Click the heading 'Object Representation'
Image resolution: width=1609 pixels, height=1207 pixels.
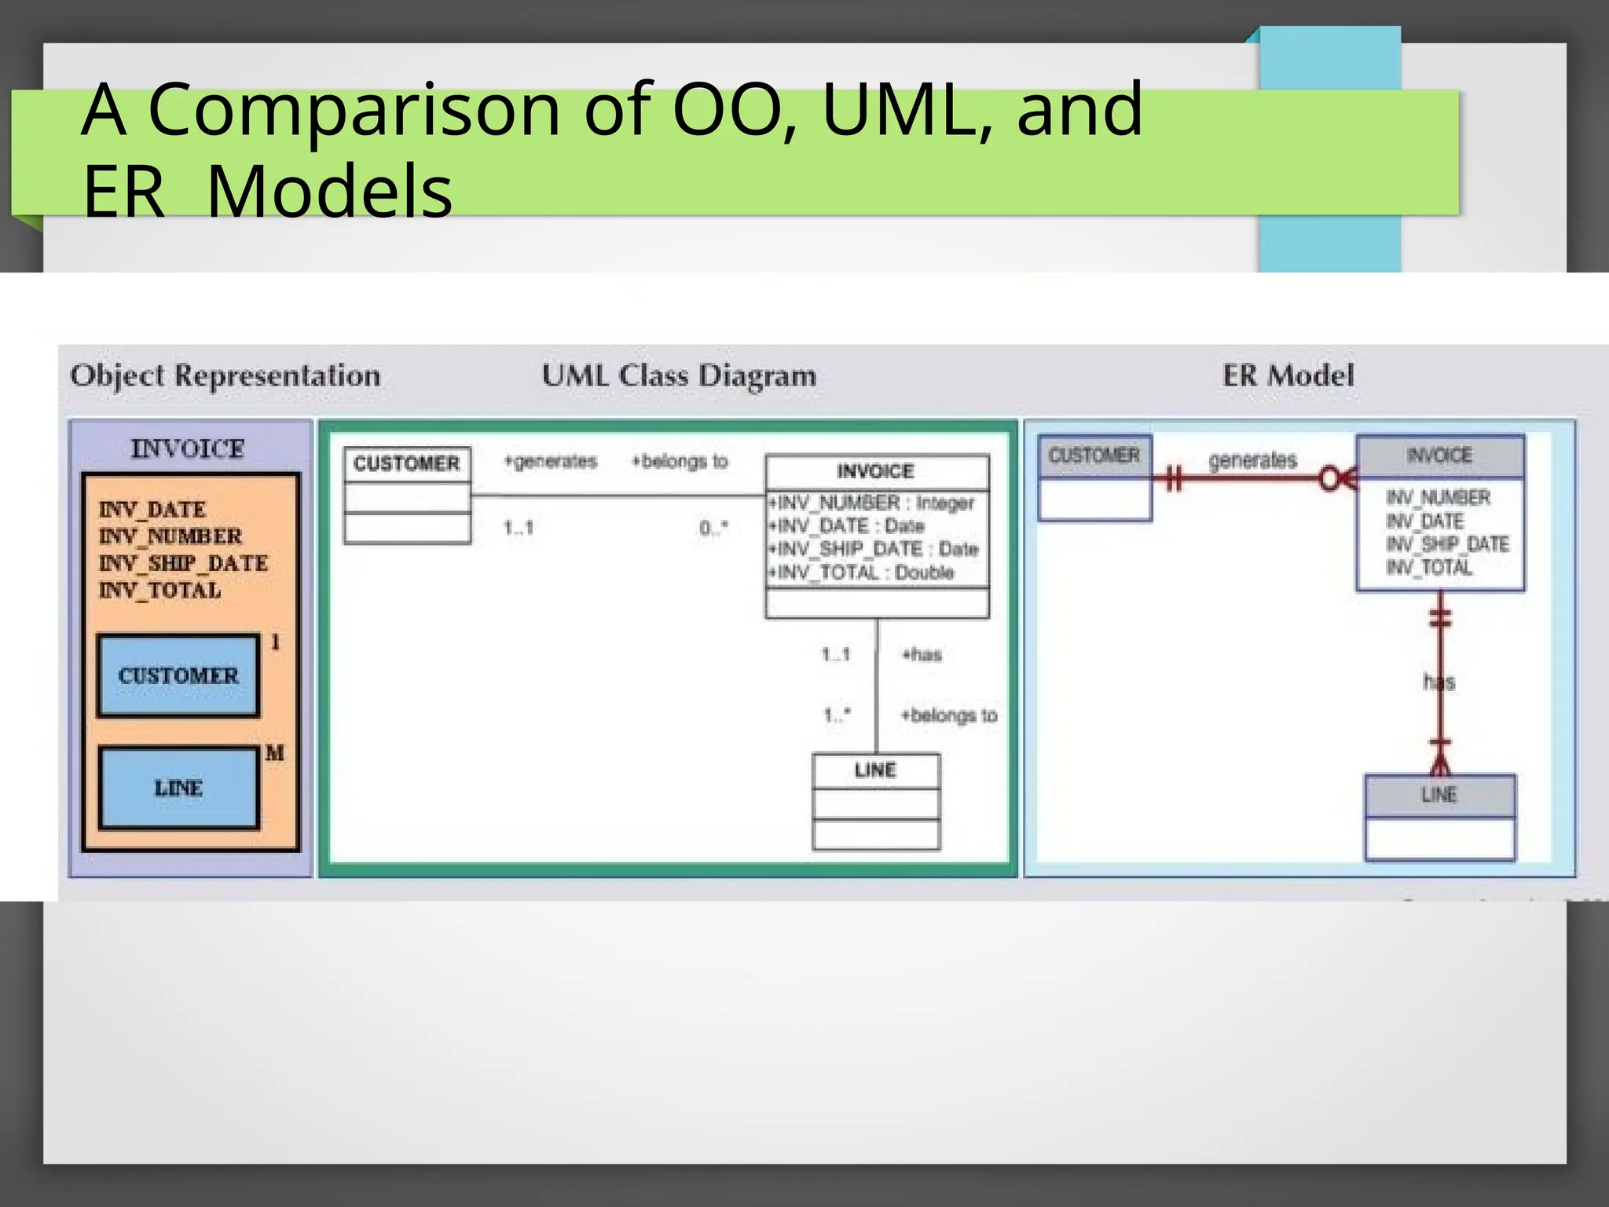point(225,375)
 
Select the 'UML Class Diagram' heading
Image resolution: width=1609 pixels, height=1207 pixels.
point(679,375)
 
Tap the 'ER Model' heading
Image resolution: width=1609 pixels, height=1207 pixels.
point(1288,375)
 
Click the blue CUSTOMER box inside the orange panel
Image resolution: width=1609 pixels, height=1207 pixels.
point(178,675)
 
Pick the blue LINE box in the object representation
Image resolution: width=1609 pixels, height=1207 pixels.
point(178,788)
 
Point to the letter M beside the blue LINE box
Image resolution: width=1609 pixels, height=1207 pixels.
point(274,753)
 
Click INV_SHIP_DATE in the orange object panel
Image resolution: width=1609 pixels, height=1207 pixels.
point(183,563)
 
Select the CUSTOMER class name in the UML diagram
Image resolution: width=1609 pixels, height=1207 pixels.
point(407,463)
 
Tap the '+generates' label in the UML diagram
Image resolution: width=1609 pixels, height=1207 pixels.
point(551,461)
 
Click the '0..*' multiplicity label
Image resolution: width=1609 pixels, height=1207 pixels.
point(713,528)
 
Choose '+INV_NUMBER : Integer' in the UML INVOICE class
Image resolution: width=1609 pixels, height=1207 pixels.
point(871,503)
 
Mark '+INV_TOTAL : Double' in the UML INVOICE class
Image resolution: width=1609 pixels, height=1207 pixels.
point(862,572)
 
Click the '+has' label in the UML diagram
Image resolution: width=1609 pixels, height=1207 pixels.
point(922,654)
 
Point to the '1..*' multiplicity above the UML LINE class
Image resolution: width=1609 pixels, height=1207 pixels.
point(836,715)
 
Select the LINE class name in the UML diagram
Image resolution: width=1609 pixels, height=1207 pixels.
point(875,770)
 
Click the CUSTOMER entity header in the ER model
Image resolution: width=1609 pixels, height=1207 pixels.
point(1094,455)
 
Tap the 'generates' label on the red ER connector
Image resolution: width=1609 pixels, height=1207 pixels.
point(1252,460)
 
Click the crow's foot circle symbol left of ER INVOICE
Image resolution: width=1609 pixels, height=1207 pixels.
point(1331,478)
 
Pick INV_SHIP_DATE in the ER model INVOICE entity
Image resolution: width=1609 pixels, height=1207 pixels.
point(1447,544)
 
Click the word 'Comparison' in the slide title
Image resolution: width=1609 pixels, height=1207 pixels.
point(354,110)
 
